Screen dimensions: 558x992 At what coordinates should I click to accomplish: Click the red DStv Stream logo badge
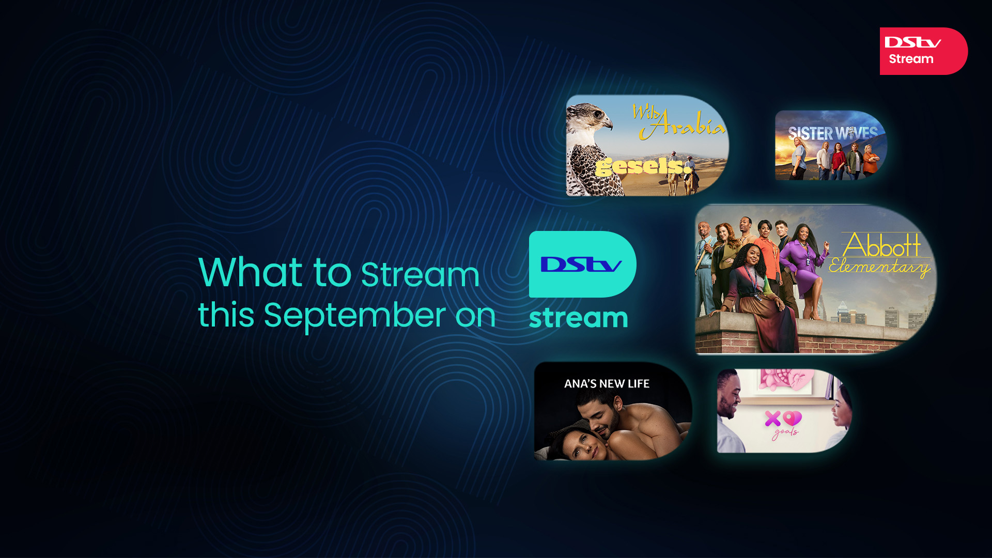click(923, 51)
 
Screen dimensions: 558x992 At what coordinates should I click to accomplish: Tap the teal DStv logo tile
click(582, 264)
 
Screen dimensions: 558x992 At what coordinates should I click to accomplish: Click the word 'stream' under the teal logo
click(578, 318)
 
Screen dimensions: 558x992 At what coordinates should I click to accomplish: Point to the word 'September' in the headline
click(354, 315)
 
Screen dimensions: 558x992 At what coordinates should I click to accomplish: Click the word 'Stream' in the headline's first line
click(420, 274)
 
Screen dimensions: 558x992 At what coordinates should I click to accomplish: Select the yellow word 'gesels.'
click(643, 167)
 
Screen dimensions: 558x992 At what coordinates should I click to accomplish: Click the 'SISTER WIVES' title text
click(832, 133)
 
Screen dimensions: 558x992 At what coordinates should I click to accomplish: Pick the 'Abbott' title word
click(882, 245)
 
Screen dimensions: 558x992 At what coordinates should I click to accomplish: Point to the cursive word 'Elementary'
click(879, 267)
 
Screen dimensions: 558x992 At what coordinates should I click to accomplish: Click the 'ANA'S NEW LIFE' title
click(607, 384)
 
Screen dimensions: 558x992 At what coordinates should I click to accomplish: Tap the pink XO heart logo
click(783, 419)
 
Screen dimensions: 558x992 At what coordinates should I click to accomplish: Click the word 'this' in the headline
click(226, 315)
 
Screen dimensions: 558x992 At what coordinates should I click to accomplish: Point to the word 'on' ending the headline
click(475, 315)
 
